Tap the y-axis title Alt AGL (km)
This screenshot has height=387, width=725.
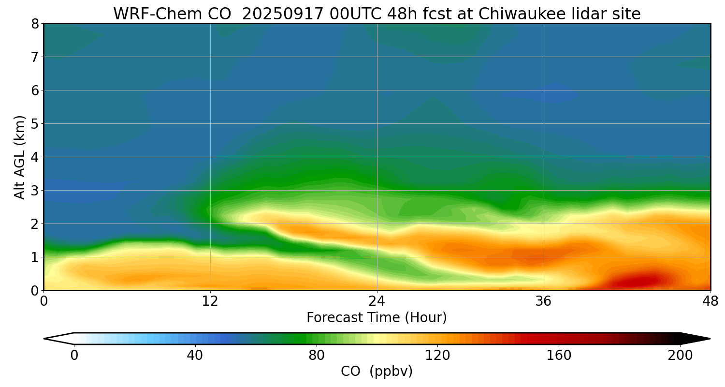[20, 157]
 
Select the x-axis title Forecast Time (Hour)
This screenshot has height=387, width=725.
[377, 318]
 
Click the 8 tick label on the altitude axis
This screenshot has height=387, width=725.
[35, 24]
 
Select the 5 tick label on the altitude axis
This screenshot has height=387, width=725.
[35, 124]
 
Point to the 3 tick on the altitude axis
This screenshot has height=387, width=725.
[35, 191]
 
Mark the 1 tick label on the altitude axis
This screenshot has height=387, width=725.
[35, 257]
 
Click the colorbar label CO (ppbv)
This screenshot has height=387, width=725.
[377, 372]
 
